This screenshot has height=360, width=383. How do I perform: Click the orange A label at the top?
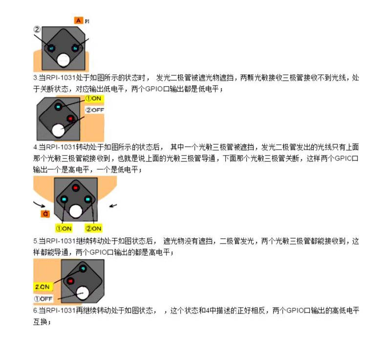78,21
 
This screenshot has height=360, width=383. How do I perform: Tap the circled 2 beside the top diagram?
37,29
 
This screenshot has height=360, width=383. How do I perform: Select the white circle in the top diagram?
64,60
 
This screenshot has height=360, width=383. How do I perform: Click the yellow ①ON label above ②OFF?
94,99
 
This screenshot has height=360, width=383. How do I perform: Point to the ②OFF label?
95,110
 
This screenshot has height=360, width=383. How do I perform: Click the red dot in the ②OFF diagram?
70,119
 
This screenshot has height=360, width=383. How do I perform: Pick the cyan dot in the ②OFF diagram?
58,107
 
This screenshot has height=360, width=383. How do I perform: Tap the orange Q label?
45,214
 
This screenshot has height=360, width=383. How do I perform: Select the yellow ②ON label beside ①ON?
93,228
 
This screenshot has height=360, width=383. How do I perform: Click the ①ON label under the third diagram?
64,228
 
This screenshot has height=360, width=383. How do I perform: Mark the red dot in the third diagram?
75,188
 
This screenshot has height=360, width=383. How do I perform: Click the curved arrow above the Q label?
39,204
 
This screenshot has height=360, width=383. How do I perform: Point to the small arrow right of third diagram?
113,205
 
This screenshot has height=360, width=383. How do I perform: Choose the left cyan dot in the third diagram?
64,200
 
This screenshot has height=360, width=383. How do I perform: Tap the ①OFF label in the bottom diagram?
43,299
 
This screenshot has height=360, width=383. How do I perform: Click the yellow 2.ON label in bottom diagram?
43,287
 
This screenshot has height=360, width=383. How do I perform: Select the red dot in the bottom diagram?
70,281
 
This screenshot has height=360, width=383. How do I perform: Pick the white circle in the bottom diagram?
83,293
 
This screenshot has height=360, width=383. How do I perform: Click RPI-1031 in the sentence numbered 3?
61,78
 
